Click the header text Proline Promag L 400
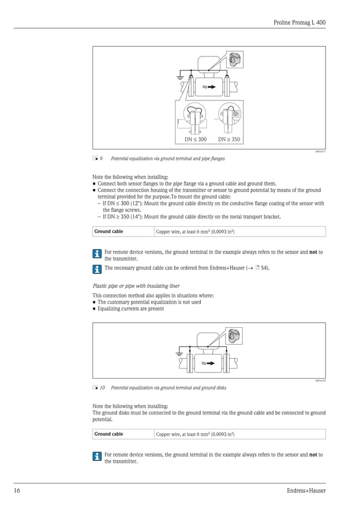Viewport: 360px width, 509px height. pyautogui.click(x=299, y=22)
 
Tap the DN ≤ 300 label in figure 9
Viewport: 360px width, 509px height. pyautogui.click(x=195, y=139)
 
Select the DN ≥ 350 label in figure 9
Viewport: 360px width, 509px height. pyautogui.click(x=229, y=139)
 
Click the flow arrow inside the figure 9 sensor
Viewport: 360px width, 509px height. pyautogui.click(x=209, y=87)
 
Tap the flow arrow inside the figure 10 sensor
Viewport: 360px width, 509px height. pyautogui.click(x=209, y=363)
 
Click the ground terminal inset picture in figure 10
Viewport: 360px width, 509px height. pyautogui.click(x=234, y=335)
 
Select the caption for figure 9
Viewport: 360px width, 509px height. pyautogui.click(x=168, y=159)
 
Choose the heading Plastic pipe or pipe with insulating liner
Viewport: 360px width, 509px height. pyautogui.click(x=136, y=286)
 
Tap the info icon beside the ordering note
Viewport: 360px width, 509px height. pyautogui.click(x=97, y=268)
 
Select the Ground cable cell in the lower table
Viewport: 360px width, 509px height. pyautogui.click(x=108, y=434)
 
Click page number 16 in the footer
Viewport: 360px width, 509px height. pyautogui.click(x=17, y=490)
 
